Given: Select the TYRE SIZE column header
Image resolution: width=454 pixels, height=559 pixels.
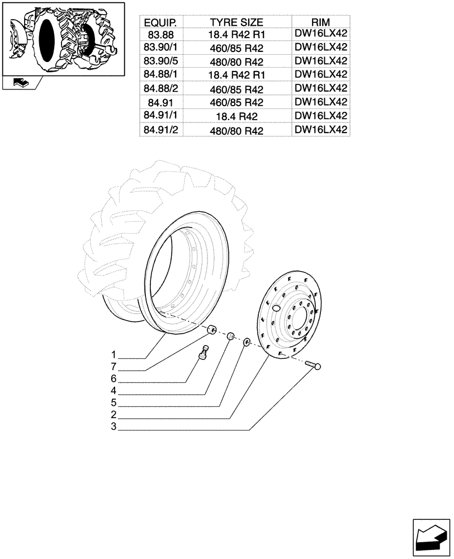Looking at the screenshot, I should pyautogui.click(x=236, y=22).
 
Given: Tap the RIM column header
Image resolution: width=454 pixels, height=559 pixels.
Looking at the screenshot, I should pyautogui.click(x=320, y=22).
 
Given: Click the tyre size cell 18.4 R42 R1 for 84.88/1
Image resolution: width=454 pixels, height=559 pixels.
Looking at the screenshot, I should pyautogui.click(x=236, y=75).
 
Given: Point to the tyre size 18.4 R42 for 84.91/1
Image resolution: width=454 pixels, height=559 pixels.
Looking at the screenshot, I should pyautogui.click(x=236, y=116).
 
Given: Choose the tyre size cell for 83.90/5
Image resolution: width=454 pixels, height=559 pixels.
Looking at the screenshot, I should pyautogui.click(x=236, y=61).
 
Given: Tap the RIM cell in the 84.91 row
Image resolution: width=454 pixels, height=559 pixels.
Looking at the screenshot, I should pyautogui.click(x=320, y=102).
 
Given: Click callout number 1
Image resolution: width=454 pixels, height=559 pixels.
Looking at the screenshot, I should pyautogui.click(x=114, y=354).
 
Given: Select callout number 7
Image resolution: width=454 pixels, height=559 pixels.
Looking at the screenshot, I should pyautogui.click(x=114, y=367).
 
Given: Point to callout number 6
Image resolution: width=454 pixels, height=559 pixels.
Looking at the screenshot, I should pyautogui.click(x=114, y=379).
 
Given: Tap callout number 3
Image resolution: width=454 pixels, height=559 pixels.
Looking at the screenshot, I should pyautogui.click(x=114, y=428).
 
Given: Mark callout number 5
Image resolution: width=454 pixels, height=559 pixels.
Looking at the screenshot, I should pyautogui.click(x=114, y=403).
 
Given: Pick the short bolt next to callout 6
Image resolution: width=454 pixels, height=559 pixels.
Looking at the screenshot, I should pyautogui.click(x=205, y=354).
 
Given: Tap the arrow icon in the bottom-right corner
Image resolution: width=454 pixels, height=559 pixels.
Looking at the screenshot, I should pyautogui.click(x=431, y=537).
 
